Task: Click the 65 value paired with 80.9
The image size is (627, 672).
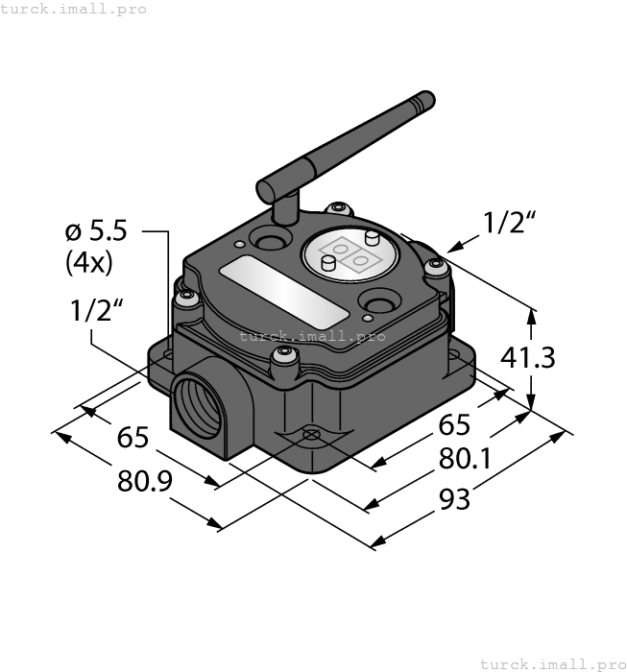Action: (x=133, y=438)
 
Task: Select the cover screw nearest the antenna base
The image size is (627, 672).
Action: (x=336, y=208)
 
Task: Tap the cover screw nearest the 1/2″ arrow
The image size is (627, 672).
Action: (x=438, y=269)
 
